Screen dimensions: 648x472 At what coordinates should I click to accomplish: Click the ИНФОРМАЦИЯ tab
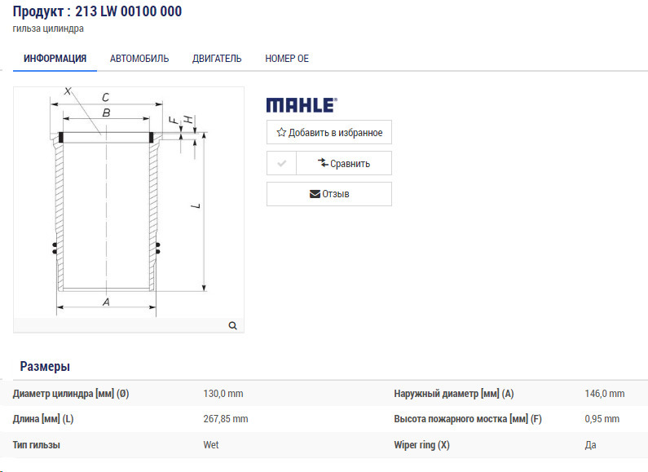55,59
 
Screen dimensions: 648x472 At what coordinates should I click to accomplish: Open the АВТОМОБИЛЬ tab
139,59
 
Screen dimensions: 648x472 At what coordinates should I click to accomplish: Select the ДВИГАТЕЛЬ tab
217,59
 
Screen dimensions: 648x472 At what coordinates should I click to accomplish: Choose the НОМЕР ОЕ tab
287,59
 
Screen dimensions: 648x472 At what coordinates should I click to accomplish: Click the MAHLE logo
302,105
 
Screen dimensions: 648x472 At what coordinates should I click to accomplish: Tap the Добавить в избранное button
329,132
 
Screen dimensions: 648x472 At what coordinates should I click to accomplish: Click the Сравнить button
344,163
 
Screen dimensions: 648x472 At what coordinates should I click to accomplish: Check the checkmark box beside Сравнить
281,163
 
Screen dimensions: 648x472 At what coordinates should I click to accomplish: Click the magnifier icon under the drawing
232,326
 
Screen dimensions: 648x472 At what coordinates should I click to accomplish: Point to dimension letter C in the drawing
105,97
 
